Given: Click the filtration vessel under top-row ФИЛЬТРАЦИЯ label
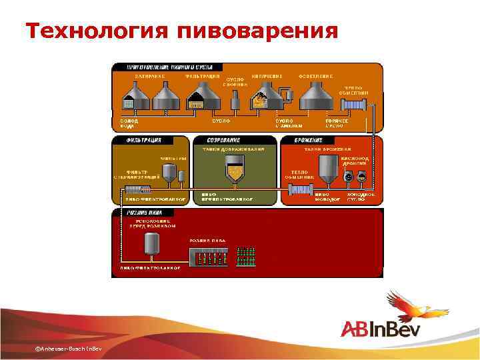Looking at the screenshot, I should pos(197,99).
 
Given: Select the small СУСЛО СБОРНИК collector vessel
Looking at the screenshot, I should pos(235,101).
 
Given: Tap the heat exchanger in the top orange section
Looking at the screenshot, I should pos(353,105).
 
